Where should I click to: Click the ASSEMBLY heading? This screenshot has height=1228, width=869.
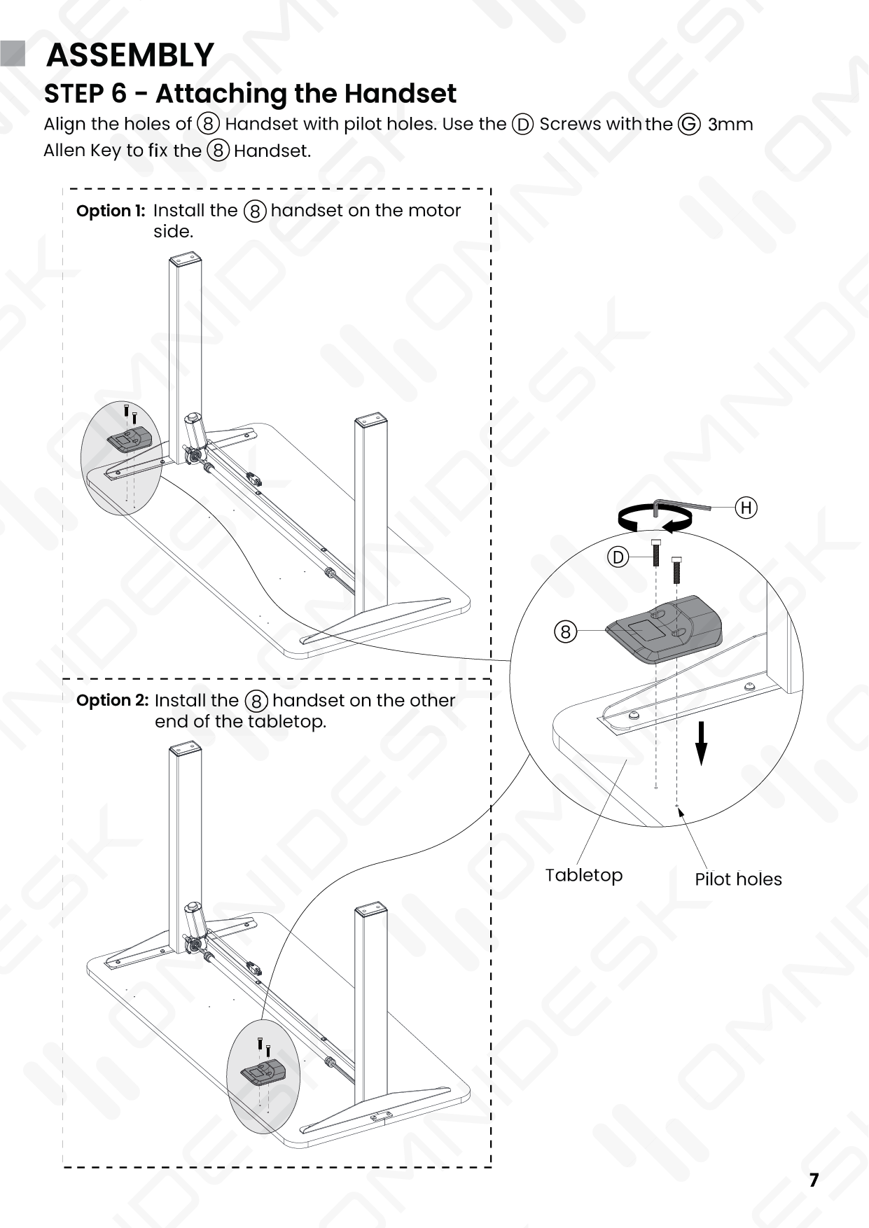[130, 55]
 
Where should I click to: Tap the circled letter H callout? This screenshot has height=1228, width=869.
[746, 508]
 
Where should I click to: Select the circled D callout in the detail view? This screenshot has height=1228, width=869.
[618, 557]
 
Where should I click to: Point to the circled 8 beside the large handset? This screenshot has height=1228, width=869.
[566, 632]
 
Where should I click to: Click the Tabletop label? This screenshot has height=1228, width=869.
[584, 875]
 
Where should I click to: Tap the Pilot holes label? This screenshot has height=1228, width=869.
[738, 879]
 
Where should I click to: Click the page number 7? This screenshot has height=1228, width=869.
[814, 1180]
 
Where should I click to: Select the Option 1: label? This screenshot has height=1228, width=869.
[111, 211]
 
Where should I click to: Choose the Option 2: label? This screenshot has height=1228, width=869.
[112, 700]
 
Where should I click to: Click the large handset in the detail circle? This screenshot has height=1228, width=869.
[663, 629]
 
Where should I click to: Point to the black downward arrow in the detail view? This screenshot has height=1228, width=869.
[701, 744]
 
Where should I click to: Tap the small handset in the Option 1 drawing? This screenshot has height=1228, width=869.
[130, 439]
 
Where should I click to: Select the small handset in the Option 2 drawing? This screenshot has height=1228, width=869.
[264, 1072]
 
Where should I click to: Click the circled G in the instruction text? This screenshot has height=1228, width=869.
[689, 125]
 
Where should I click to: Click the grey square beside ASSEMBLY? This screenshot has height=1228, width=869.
[13, 54]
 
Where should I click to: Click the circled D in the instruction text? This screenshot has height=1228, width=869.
[523, 125]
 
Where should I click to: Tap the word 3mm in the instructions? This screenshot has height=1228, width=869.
[730, 125]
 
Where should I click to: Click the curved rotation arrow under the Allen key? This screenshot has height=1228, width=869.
[655, 519]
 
